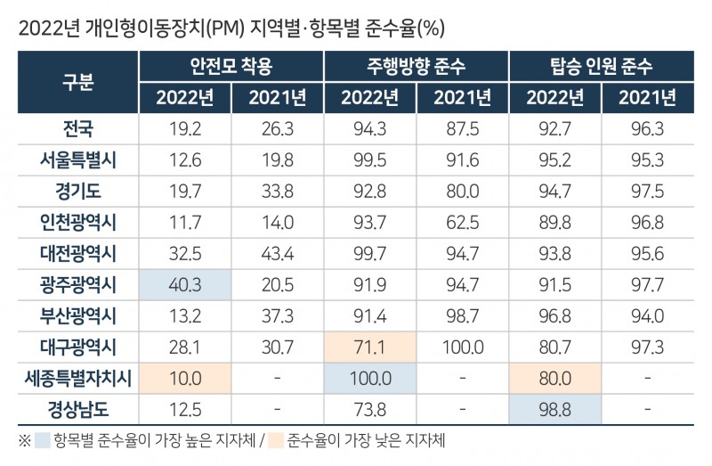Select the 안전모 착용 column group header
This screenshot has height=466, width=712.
[231, 67]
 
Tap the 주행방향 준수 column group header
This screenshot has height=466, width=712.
[416, 67]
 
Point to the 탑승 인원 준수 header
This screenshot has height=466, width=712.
[601, 67]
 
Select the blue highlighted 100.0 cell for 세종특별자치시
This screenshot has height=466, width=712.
[369, 378]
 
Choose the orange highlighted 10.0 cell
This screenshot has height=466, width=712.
[184, 378]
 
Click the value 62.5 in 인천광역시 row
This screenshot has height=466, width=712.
[462, 222]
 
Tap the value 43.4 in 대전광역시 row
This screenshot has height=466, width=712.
[277, 253]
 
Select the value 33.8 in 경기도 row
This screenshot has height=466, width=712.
[277, 191]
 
